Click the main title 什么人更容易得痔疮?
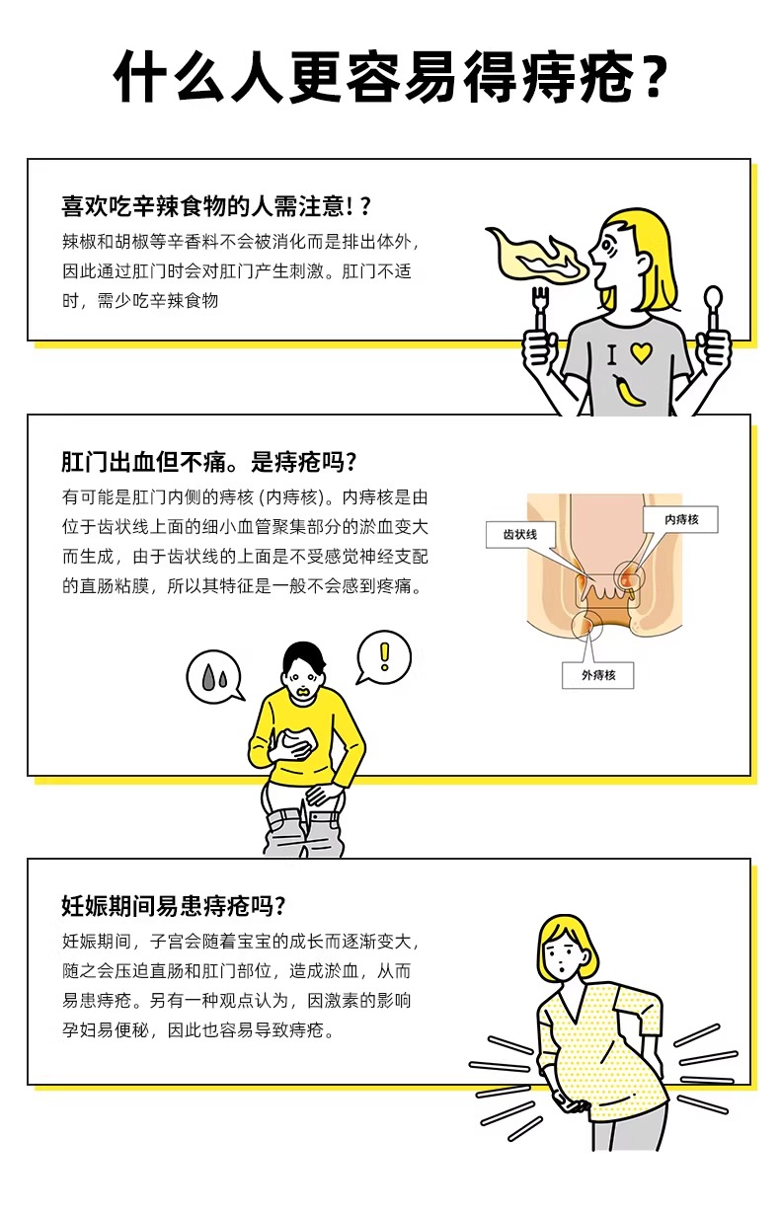coord(390,78)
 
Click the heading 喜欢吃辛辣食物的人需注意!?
coord(216,206)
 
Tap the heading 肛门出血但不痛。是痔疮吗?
coord(208,462)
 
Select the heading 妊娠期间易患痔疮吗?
coord(174,906)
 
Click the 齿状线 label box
coord(519,535)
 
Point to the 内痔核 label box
coord(681,520)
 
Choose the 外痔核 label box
coord(598,675)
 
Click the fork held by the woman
coord(540,309)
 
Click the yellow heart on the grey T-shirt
coord(641,352)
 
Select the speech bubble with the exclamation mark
coord(383,658)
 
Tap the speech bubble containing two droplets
coord(214,677)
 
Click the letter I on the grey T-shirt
coord(612,355)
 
